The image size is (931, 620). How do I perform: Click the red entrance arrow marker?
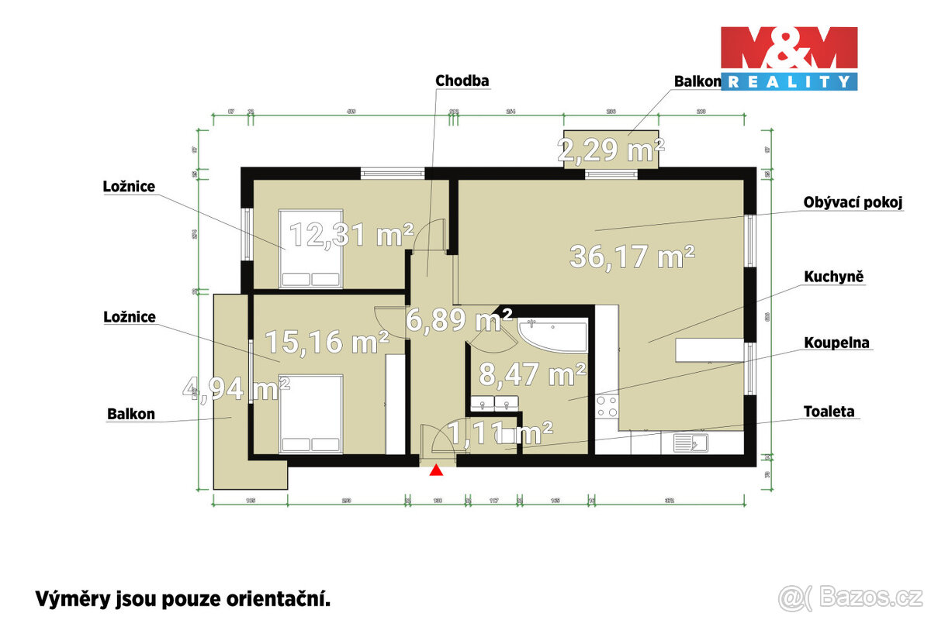click(437, 470)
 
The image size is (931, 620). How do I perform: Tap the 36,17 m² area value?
click(632, 256)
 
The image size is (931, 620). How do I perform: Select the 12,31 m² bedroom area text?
click(351, 234)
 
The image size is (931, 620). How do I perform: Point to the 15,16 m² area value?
click(327, 341)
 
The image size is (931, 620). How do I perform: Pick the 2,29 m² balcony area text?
click(611, 150)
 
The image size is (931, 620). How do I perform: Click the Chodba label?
click(462, 81)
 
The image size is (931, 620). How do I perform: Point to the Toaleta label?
click(830, 412)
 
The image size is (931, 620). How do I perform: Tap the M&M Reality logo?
click(788, 57)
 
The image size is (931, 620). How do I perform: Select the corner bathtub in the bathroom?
click(553, 334)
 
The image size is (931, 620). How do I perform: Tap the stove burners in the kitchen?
click(607, 408)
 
